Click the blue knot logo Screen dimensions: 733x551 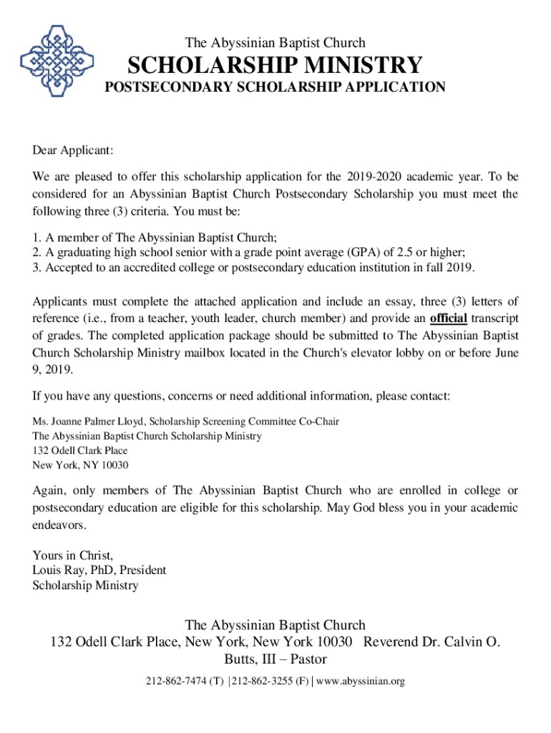[54, 63]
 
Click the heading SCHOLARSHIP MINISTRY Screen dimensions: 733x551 [275, 66]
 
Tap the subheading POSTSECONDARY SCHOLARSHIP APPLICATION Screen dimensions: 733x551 [275, 87]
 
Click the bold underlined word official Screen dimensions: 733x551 [448, 318]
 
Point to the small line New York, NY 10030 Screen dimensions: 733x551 [80, 465]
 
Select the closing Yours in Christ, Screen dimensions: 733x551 [73, 555]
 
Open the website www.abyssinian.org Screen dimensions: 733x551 [361, 681]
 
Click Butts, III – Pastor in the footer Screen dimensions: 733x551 [275, 659]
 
